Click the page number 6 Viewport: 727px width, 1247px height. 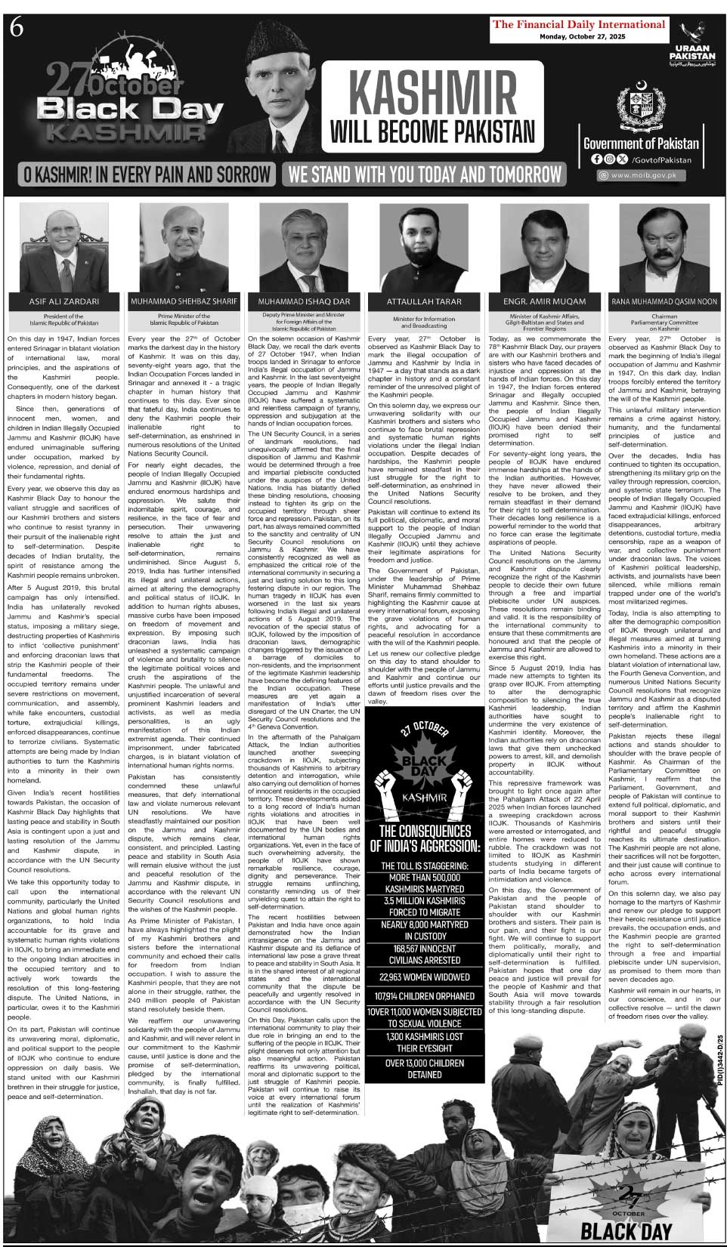click(17, 28)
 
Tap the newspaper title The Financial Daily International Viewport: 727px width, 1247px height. click(578, 24)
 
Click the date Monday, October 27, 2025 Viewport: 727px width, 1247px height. click(579, 36)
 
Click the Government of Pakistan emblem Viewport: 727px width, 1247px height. click(640, 106)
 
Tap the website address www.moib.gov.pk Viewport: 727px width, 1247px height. click(644, 175)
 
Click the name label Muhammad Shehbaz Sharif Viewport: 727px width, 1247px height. click(184, 301)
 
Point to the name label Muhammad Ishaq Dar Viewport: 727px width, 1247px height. click(304, 301)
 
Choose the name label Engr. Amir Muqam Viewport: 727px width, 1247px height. click(543, 301)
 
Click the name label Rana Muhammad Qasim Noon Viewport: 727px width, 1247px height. click(664, 301)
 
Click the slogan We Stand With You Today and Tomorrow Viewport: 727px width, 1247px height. click(425, 174)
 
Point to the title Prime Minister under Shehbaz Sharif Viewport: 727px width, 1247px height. click(184, 316)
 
